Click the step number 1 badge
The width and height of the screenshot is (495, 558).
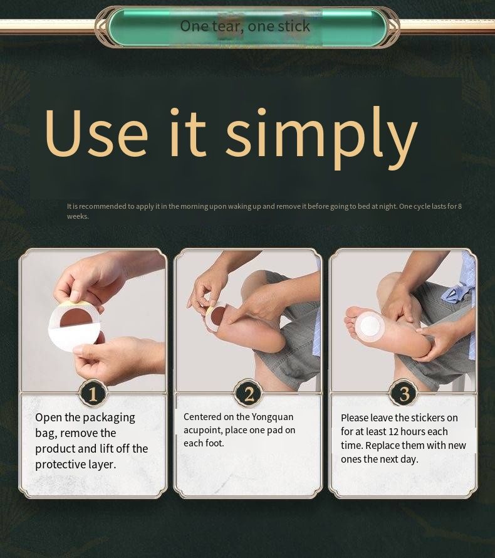coord(93,394)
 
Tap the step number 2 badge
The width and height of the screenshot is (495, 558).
coord(249,394)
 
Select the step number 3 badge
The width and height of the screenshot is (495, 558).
coord(404,394)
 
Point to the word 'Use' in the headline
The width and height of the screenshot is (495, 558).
coord(96,132)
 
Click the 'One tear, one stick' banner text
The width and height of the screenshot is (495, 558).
coord(245,26)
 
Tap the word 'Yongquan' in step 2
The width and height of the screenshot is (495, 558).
coord(273,417)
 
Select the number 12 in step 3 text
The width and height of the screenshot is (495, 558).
coord(393,432)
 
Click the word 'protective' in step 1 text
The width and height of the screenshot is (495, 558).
coord(59,465)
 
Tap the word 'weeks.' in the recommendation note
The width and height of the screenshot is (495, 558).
coord(78,216)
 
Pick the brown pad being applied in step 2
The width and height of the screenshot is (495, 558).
coord(216,316)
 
